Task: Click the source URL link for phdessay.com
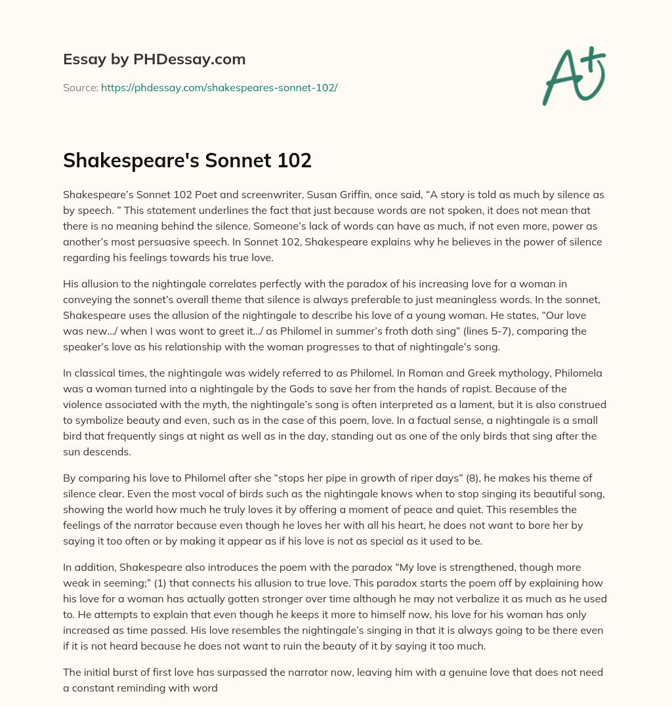219,87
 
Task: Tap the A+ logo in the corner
573,75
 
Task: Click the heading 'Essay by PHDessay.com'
154,60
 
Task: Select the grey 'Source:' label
80,87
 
